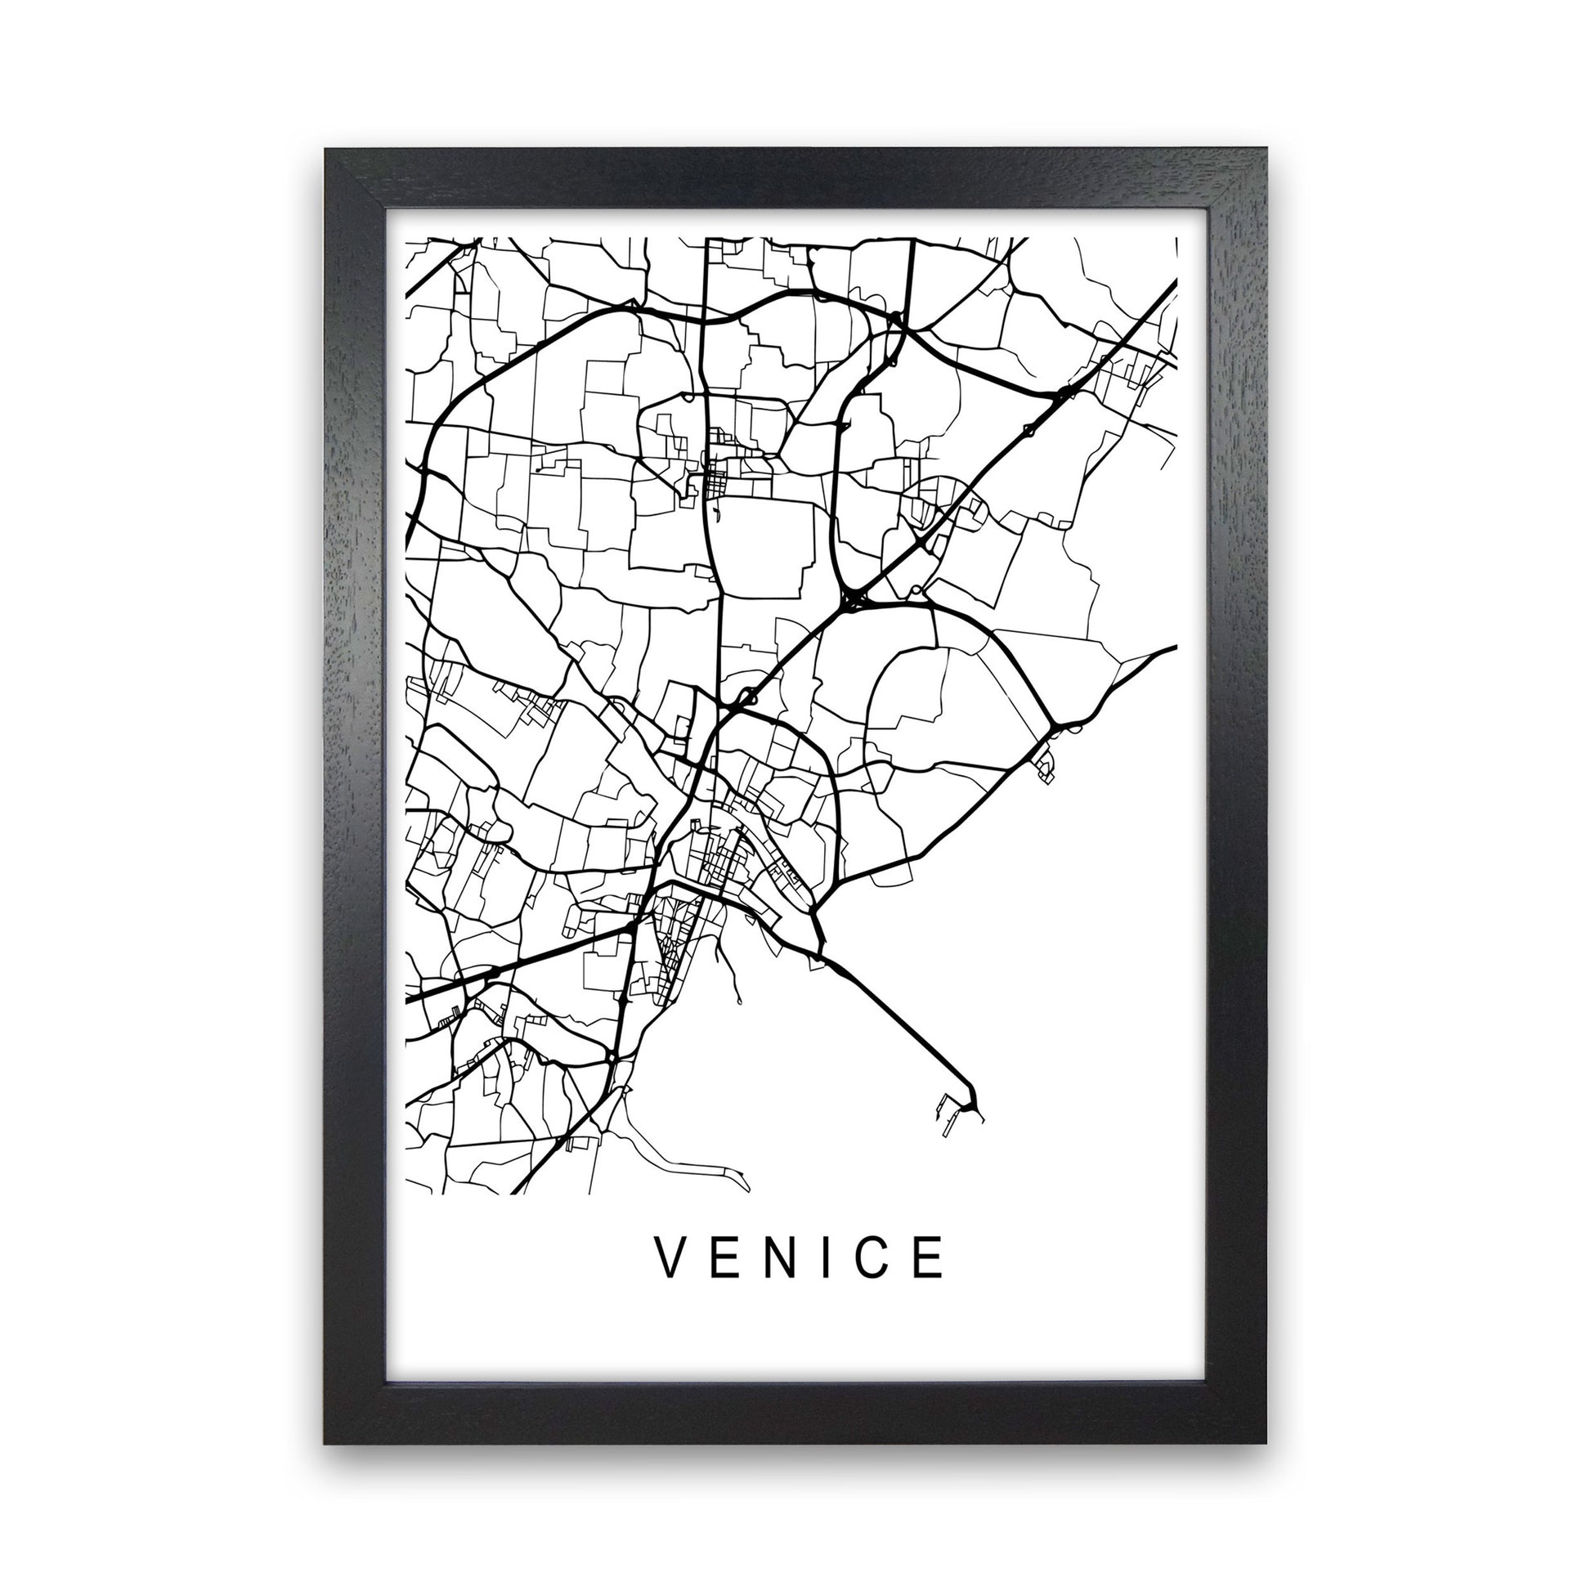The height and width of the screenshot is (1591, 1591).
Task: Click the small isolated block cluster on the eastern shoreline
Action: tap(1042, 764)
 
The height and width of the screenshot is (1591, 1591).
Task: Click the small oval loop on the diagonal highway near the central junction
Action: tap(747, 697)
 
